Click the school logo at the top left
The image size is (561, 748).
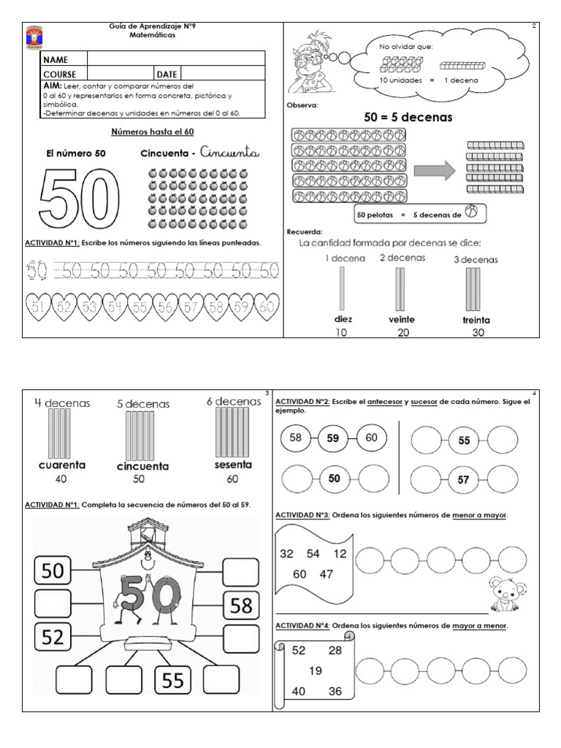34,36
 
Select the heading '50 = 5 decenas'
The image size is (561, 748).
408,117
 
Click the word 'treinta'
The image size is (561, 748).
476,320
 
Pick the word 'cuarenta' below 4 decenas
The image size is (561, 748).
62,465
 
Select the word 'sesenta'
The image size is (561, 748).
234,465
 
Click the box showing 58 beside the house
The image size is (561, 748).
242,606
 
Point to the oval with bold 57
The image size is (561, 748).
464,480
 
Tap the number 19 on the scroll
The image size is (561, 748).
316,671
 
